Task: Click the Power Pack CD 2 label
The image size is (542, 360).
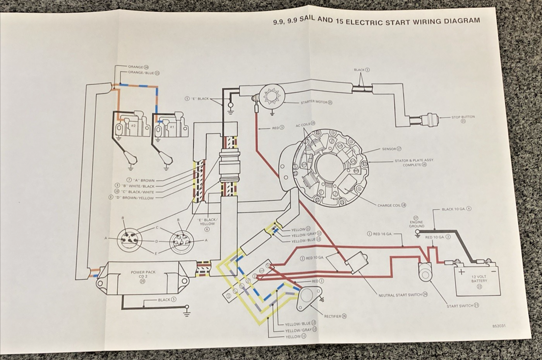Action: pyautogui.click(x=143, y=274)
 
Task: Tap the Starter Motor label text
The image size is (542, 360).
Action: pyautogui.click(x=314, y=103)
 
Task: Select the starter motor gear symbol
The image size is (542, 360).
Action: pyautogui.click(x=270, y=96)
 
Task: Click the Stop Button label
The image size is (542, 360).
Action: pyautogui.click(x=463, y=117)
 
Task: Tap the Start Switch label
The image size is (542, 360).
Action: pyautogui.click(x=460, y=306)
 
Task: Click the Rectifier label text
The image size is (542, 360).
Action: pyautogui.click(x=333, y=316)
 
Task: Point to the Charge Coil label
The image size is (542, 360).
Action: pyautogui.click(x=389, y=205)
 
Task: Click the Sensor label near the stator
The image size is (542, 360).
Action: pyautogui.click(x=389, y=149)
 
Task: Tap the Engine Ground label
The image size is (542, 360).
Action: pyautogui.click(x=417, y=224)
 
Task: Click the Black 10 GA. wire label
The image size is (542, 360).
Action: pyautogui.click(x=454, y=209)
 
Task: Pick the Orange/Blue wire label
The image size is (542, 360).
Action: pyautogui.click(x=141, y=73)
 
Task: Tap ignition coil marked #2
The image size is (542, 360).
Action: pyautogui.click(x=132, y=126)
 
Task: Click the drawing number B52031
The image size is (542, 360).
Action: pyautogui.click(x=499, y=326)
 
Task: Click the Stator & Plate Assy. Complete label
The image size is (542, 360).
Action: pyautogui.click(x=414, y=163)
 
